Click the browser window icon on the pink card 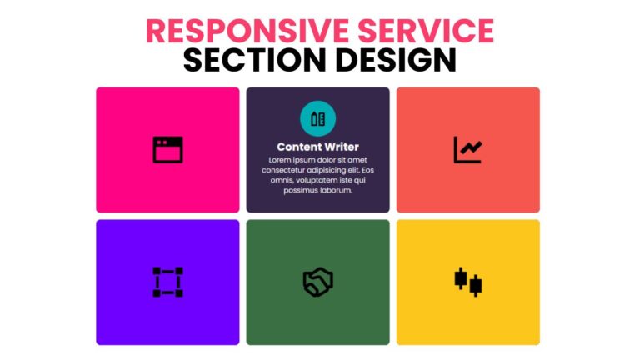tap(167, 150)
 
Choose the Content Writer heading tap(317, 147)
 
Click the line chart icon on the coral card tap(467, 150)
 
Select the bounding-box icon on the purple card tap(167, 282)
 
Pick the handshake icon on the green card tap(317, 282)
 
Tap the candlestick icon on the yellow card tap(467, 282)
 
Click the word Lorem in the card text tap(281, 160)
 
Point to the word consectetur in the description tap(292, 170)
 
